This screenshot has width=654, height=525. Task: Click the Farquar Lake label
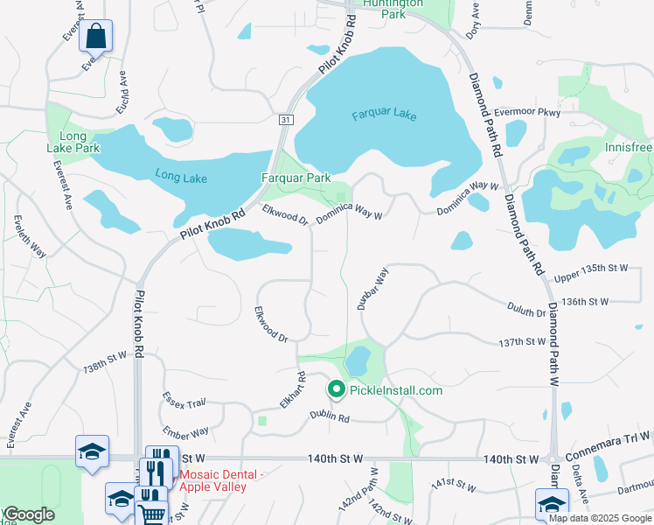click(385, 115)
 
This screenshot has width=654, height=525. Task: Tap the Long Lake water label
click(181, 178)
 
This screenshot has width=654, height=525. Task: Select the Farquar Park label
click(296, 178)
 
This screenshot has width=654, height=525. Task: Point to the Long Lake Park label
click(73, 142)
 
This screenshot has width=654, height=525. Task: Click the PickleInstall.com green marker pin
click(335, 389)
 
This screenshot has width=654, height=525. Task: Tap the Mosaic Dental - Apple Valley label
click(219, 480)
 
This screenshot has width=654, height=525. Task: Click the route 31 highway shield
click(286, 119)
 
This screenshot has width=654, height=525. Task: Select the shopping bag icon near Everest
click(96, 38)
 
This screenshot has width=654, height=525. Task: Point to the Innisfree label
click(628, 147)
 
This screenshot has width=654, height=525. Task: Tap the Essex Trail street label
click(184, 401)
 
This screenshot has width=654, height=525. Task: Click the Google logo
click(28, 514)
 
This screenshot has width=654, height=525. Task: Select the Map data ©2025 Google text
click(599, 518)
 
